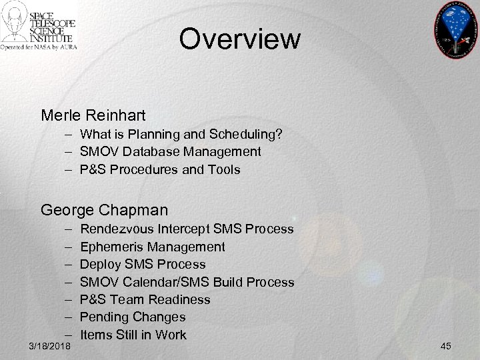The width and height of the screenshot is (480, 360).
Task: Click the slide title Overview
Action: point(239,39)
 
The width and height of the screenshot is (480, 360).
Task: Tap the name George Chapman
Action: point(104,211)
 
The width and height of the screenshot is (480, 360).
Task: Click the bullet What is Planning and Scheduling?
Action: point(181,135)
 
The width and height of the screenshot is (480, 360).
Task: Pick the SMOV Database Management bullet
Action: point(170,152)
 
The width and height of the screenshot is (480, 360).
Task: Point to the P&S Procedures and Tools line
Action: point(159,169)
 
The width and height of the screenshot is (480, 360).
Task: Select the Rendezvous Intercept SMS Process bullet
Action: point(187,229)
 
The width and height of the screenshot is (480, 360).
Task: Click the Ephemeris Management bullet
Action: point(152,247)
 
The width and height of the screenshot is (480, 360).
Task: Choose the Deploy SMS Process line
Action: point(143,264)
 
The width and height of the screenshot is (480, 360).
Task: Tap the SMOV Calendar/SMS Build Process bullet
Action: point(187,282)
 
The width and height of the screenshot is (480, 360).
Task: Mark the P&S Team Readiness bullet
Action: point(145,299)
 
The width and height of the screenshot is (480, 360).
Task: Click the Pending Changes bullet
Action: point(133,317)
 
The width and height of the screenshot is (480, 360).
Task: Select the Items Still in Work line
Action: point(133,335)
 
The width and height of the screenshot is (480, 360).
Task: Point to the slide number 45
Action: point(447,346)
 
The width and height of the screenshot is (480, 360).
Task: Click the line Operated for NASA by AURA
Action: point(39,47)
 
